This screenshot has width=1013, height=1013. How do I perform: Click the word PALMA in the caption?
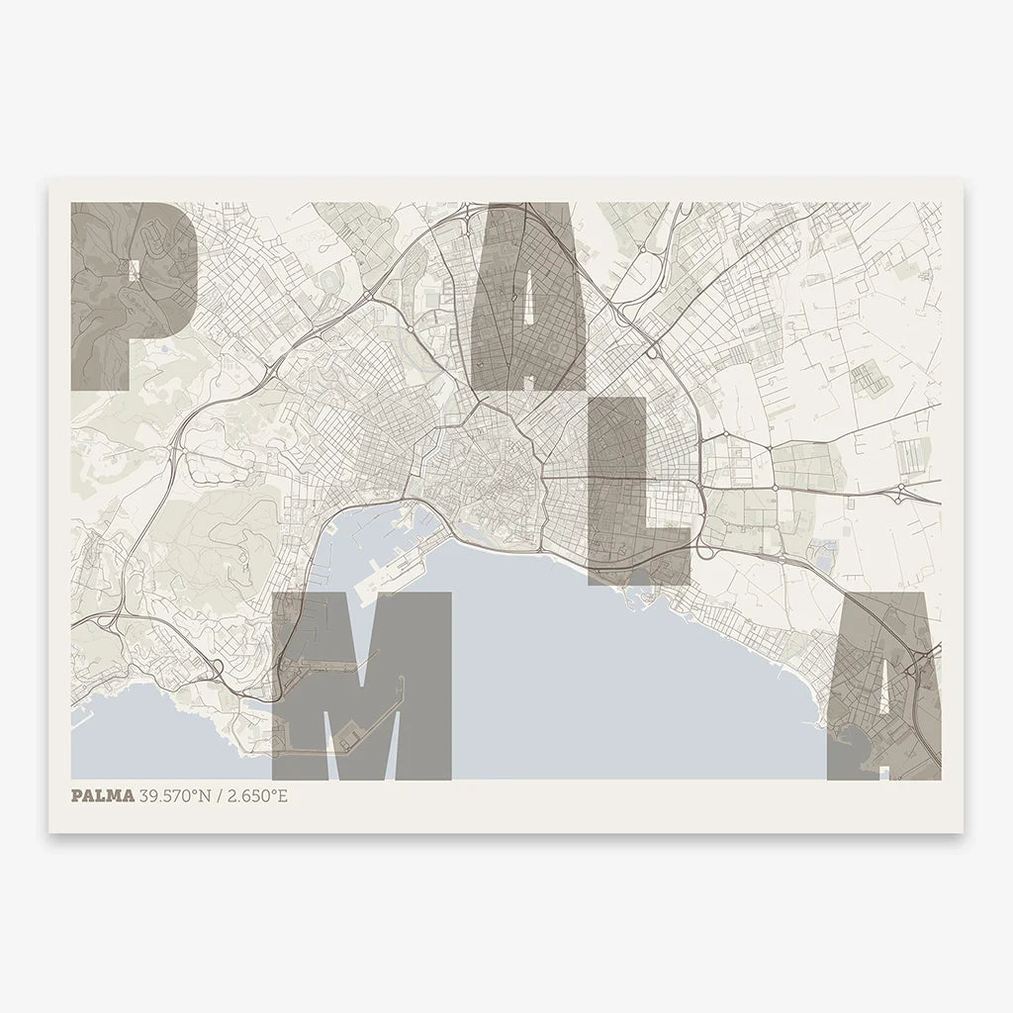pyautogui.click(x=103, y=795)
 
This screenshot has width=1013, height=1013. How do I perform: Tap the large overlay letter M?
pyautogui.click(x=362, y=683)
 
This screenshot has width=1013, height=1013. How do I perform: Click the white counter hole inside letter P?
pyautogui.click(x=131, y=266)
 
